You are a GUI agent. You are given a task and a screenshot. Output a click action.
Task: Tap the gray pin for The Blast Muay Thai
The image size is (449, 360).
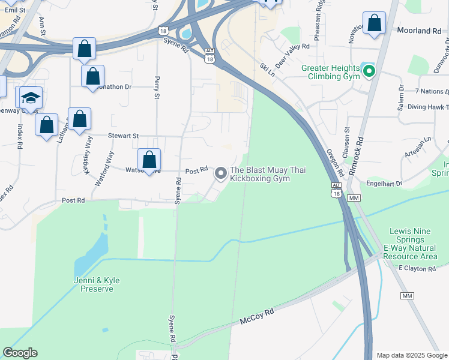point(221,174)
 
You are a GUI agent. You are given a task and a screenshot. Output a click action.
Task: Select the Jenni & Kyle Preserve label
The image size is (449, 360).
point(97,284)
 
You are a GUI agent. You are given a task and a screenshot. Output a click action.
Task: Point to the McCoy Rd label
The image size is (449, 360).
point(257,316)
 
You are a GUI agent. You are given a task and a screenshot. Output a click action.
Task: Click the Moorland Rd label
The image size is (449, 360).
point(419,30)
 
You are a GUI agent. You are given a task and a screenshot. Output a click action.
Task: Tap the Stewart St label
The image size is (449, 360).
point(123,136)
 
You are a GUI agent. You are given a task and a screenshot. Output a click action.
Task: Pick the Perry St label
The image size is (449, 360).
point(158,87)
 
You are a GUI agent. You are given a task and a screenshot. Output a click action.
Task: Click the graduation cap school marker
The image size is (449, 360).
point(31,97)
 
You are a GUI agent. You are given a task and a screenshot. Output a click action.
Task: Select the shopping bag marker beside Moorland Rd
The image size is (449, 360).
point(374,24)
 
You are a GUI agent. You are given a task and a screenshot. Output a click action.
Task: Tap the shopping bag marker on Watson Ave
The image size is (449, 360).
point(149,160)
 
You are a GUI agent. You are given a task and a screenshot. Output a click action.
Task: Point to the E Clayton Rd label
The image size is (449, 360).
point(417,269)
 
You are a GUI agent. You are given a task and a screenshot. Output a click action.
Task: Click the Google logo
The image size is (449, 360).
point(20,353)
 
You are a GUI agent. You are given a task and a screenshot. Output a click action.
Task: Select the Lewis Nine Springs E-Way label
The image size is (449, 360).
point(413,244)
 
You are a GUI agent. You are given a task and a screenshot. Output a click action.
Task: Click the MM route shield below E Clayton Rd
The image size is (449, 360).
point(408,296)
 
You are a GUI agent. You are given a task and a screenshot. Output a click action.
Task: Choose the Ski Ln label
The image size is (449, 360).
point(267,70)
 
